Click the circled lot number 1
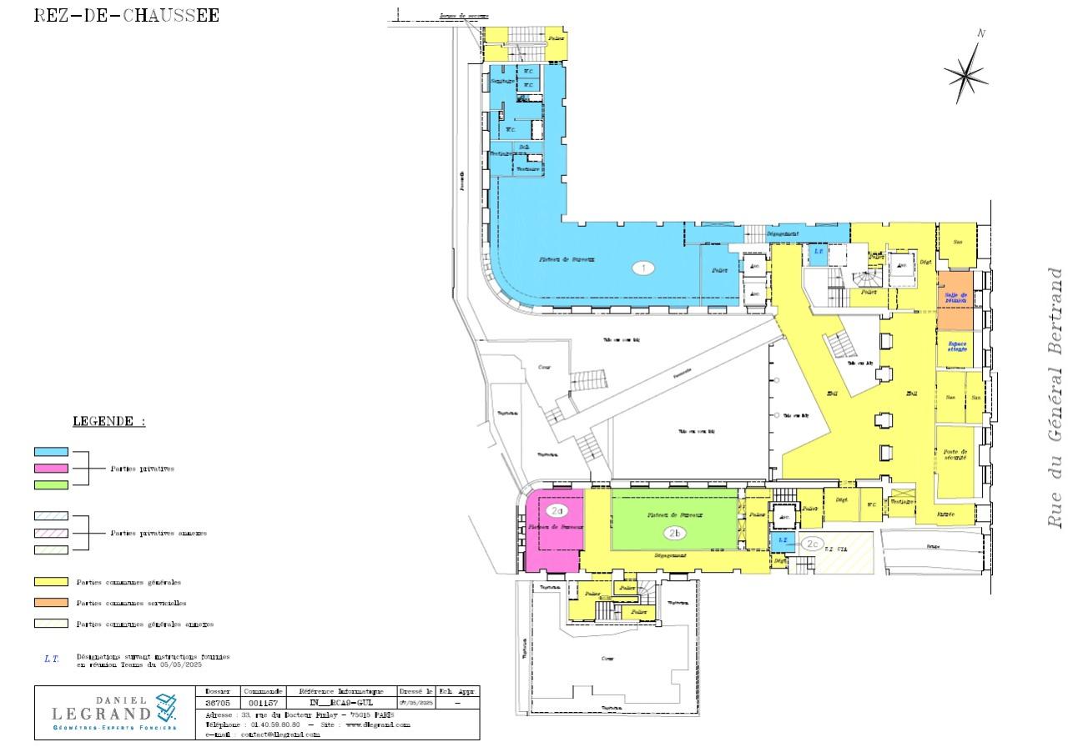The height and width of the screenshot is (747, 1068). tap(642, 268)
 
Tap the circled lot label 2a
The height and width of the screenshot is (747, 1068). tap(557, 510)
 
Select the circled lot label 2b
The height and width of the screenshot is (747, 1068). tap(674, 533)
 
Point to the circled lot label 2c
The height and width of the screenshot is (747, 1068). tap(813, 544)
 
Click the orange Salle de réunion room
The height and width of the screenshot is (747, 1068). tap(955, 300)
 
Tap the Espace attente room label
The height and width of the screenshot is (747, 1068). tap(956, 346)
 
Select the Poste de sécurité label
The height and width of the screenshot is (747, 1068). tap(956, 455)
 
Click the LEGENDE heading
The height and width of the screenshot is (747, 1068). tap(108, 421)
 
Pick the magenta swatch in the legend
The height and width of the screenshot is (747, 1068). tap(51, 469)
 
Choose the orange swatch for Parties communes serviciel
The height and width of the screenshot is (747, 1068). tap(51, 603)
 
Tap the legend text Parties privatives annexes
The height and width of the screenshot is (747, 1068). tap(159, 534)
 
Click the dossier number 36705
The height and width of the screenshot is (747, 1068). tap(219, 704)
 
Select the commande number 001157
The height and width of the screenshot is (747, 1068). tap(262, 704)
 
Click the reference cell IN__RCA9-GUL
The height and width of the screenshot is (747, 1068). tap(340, 704)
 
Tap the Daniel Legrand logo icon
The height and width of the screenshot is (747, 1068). tap(166, 707)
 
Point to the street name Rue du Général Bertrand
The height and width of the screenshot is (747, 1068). tap(1055, 397)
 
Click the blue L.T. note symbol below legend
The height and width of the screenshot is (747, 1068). tap(52, 659)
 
